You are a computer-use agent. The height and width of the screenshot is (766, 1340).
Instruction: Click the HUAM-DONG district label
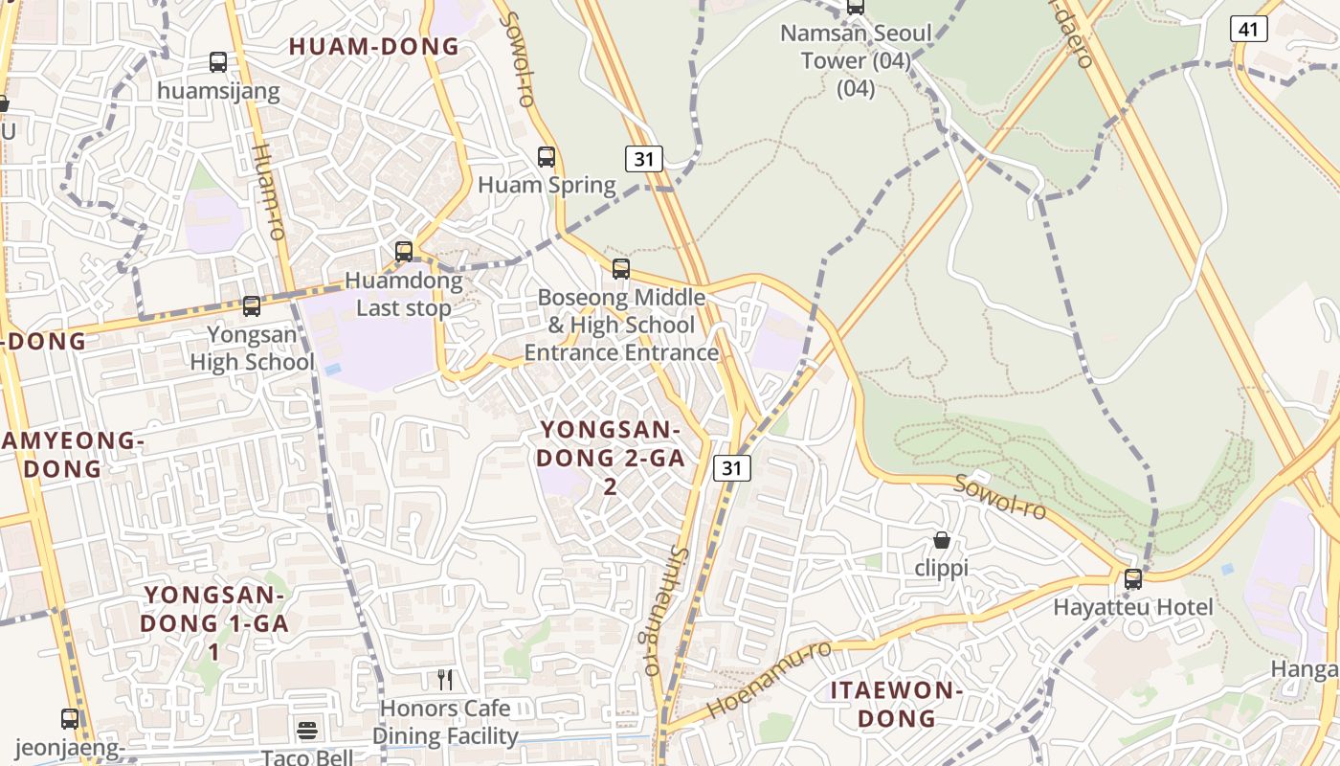click(x=374, y=46)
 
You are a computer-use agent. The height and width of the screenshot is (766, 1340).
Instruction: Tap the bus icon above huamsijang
click(x=218, y=62)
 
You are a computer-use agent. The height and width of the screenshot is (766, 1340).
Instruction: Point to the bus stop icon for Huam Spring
click(x=547, y=156)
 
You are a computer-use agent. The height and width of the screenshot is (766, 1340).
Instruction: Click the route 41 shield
click(x=1248, y=30)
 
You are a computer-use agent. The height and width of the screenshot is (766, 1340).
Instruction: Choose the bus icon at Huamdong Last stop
click(x=404, y=251)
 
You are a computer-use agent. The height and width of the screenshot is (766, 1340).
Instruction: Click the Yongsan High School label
click(x=253, y=349)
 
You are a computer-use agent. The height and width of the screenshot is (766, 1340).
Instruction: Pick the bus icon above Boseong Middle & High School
click(x=621, y=268)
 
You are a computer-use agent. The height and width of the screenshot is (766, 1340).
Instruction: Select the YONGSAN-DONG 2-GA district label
click(x=611, y=458)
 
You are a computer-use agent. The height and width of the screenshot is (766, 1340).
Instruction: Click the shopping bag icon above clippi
click(x=942, y=540)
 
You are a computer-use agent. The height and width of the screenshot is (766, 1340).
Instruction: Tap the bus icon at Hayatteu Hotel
click(x=1133, y=578)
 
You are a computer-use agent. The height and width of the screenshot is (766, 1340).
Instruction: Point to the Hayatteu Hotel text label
click(x=1133, y=607)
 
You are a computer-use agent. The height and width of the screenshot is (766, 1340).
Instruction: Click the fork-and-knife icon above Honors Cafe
click(x=445, y=680)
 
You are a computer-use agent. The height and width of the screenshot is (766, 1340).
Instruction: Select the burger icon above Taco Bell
click(x=307, y=731)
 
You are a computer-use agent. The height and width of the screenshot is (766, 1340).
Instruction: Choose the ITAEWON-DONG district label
click(x=896, y=704)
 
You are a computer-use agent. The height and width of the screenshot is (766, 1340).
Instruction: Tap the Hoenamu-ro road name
click(x=770, y=680)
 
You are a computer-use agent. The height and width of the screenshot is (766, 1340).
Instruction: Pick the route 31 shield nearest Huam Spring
click(x=644, y=159)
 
